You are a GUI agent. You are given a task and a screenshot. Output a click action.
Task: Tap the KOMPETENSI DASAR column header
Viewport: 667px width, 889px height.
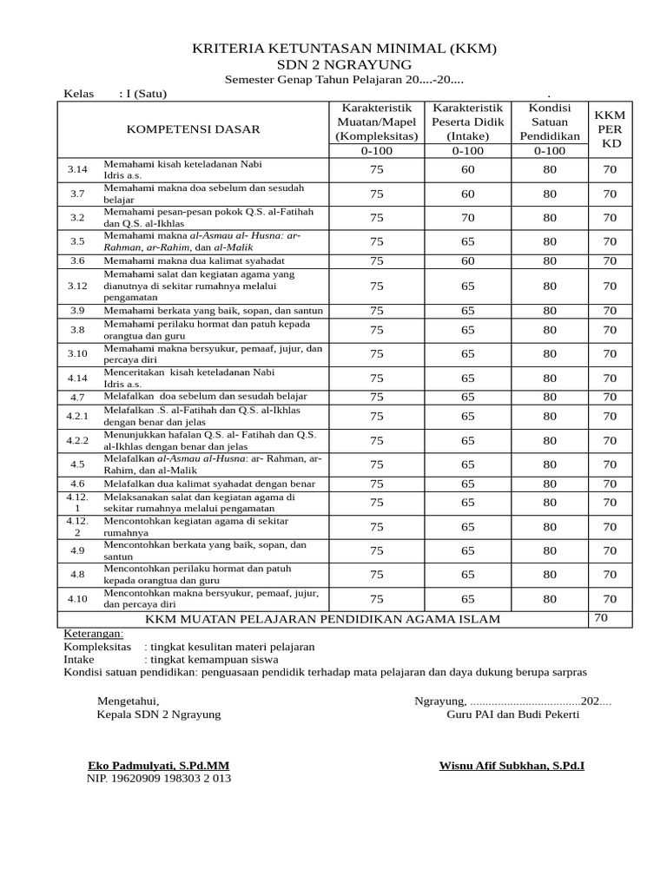click(193, 129)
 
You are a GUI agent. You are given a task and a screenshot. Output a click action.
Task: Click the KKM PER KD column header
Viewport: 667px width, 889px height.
click(609, 129)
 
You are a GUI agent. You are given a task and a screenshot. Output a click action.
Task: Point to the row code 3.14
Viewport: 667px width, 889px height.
click(78, 169)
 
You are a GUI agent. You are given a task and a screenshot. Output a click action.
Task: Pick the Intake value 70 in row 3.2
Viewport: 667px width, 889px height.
click(468, 218)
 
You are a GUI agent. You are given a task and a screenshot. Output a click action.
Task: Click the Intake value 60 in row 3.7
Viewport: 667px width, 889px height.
click(468, 194)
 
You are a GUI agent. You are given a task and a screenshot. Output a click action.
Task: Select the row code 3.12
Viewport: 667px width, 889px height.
click(78, 286)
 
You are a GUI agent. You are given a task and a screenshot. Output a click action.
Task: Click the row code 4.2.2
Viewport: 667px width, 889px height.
click(78, 440)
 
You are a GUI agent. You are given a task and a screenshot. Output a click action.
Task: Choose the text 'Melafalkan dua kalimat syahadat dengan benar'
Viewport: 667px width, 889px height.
click(209, 484)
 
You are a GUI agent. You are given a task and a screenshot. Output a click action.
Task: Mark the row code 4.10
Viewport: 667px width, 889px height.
click(78, 598)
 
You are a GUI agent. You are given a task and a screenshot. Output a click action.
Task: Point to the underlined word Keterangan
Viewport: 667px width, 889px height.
click(94, 634)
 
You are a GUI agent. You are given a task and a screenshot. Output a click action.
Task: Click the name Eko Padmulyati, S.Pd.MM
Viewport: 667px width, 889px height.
click(159, 766)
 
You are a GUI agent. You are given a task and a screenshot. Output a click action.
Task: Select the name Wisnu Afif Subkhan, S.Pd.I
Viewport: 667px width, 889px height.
click(512, 766)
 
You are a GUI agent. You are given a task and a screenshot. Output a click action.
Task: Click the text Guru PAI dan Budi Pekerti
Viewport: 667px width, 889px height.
click(512, 714)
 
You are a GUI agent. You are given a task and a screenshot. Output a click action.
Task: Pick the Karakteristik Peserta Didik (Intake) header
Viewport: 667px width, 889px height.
click(468, 122)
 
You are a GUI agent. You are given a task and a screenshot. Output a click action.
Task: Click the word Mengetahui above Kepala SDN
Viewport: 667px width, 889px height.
click(128, 701)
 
